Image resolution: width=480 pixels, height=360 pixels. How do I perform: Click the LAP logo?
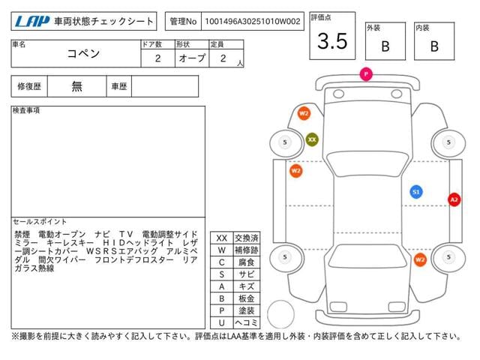pos(32,21)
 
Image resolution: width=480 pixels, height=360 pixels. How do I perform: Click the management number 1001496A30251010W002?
pos(253,21)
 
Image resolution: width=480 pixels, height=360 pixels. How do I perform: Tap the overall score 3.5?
pos(332,40)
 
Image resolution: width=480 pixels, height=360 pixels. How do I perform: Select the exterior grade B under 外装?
pos(385,46)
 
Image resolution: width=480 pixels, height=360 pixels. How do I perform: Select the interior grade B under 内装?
pos(434,46)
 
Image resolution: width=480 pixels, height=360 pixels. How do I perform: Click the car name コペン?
pos(83,53)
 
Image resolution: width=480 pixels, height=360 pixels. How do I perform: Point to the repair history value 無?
pos(76,86)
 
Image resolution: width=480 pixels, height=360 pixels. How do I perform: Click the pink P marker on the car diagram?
pos(366,74)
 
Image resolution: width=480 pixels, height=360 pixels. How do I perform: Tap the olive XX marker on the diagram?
pos(312,139)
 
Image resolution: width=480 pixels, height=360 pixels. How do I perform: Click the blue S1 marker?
pos(416,192)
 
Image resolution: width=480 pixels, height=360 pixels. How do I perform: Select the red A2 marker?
pos(454,200)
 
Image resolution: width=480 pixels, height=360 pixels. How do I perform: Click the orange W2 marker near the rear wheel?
pos(420,260)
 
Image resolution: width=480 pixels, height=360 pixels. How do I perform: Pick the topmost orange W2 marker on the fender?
pos(304,113)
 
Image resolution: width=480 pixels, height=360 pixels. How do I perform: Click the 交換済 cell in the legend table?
pos(247,238)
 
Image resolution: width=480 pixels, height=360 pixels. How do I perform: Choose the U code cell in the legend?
pos(222,322)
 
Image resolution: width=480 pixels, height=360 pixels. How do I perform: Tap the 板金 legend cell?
pos(247,298)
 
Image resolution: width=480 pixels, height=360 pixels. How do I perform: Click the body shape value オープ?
pos(192,58)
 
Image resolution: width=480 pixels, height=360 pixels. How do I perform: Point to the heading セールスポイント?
pos(40,221)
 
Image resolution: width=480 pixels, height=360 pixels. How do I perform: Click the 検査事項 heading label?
pos(26,110)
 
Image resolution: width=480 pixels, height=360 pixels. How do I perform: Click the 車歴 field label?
pos(119,86)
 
